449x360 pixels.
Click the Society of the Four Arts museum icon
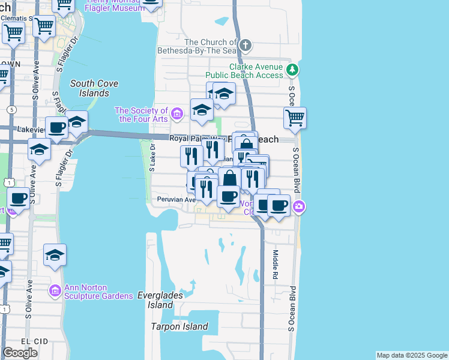[x=176, y=113]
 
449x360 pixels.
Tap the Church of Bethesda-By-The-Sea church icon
[x=245, y=46]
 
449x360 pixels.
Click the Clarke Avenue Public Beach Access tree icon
[x=292, y=70]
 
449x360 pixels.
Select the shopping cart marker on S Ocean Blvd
[x=295, y=118]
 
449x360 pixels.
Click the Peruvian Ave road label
[x=176, y=199]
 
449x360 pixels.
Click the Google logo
[x=20, y=353]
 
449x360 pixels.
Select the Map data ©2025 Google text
[x=412, y=355]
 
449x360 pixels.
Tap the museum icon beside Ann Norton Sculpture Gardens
[x=55, y=291]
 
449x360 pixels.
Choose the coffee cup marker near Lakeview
[x=57, y=128]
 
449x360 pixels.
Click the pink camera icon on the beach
[x=299, y=208]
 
